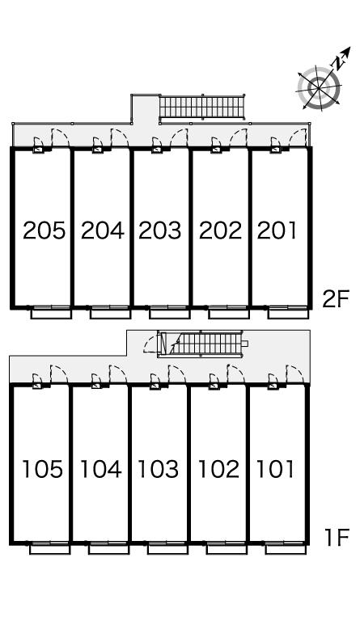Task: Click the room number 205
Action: (x=44, y=230)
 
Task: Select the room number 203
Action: (x=160, y=230)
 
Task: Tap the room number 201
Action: (x=277, y=230)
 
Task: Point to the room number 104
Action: (x=100, y=469)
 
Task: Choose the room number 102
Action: (x=218, y=469)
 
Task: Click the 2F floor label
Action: (x=335, y=299)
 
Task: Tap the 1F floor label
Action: (x=337, y=538)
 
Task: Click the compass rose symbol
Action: (x=319, y=87)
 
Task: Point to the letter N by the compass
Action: (x=338, y=62)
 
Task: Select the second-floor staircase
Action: (x=202, y=107)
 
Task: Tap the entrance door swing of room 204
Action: (x=120, y=137)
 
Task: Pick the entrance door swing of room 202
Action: (x=239, y=137)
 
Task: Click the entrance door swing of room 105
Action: (x=59, y=374)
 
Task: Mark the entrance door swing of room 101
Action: (x=295, y=374)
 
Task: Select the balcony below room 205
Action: (x=52, y=314)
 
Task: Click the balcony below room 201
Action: (x=288, y=314)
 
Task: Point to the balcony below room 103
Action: (x=168, y=549)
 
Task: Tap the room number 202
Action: (x=220, y=230)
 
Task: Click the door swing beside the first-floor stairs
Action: (x=151, y=344)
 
